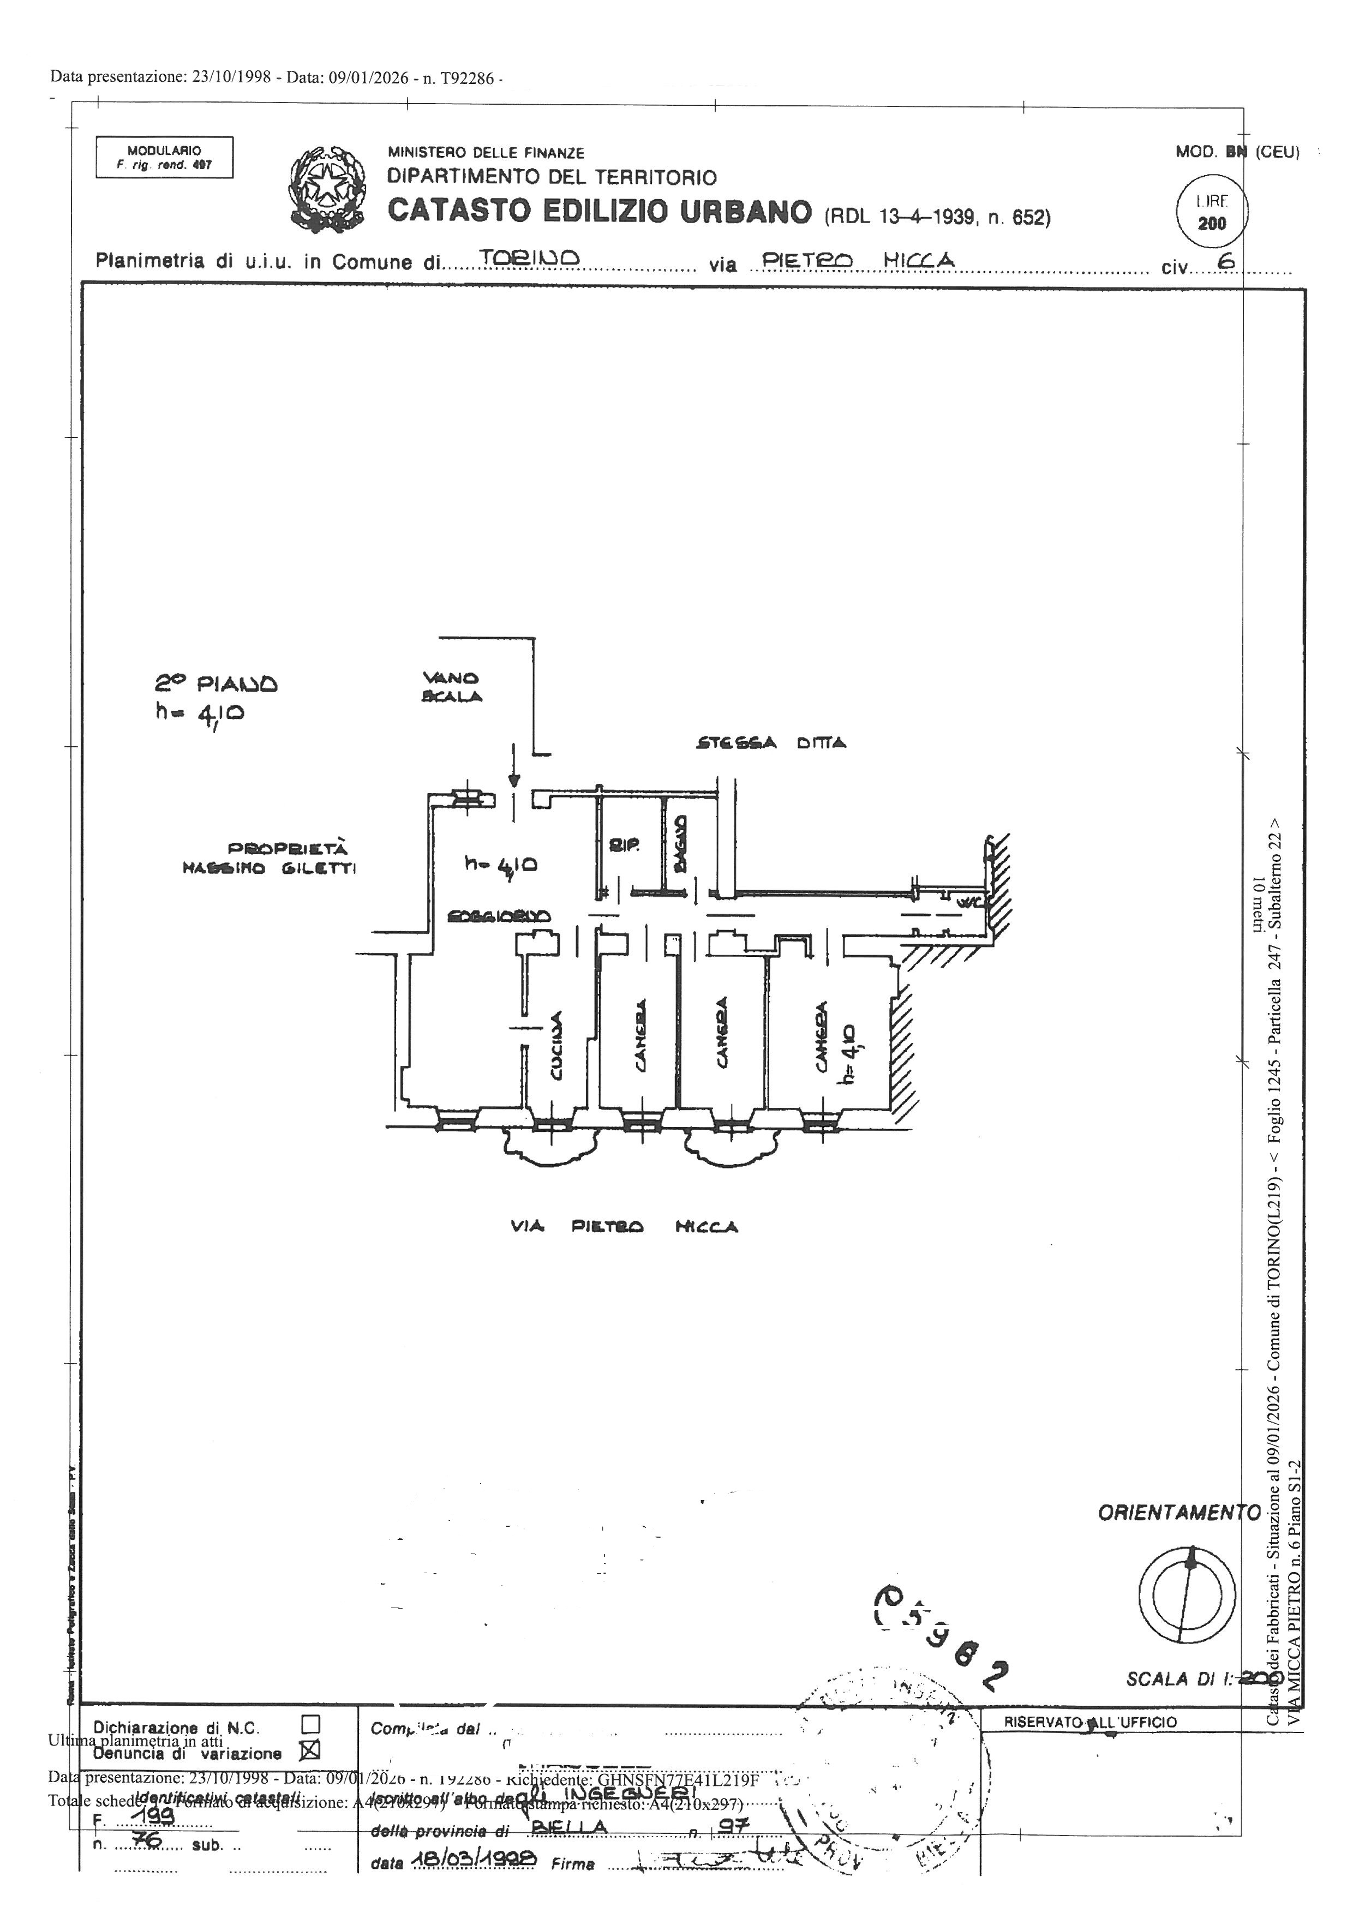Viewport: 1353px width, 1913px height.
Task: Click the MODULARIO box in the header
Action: pyautogui.click(x=164, y=158)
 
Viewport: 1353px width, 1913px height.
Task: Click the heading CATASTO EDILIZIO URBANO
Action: pyautogui.click(x=599, y=212)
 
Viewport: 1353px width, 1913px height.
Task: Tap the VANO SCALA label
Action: pyautogui.click(x=451, y=687)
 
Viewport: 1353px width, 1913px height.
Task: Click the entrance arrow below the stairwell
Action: pyautogui.click(x=514, y=771)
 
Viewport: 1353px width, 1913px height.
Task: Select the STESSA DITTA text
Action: pyautogui.click(x=771, y=742)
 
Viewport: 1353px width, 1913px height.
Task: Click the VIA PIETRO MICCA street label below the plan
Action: pyautogui.click(x=624, y=1226)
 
